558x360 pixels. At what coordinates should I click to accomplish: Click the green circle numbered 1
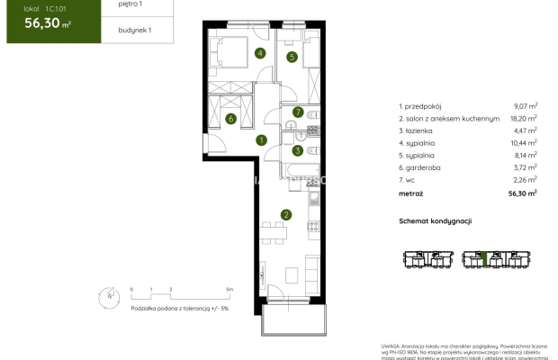pyautogui.click(x=260, y=139)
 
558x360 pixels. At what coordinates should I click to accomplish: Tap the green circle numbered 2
pyautogui.click(x=285, y=214)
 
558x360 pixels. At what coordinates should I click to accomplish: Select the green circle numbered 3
pyautogui.click(x=296, y=151)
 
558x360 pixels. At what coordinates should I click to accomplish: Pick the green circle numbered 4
pyautogui.click(x=260, y=53)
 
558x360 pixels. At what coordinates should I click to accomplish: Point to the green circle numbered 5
pyautogui.click(x=292, y=58)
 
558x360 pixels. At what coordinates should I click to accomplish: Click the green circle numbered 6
pyautogui.click(x=230, y=119)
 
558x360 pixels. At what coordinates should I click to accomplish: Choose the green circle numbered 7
pyautogui.click(x=296, y=112)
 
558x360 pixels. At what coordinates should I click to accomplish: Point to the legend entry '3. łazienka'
pyautogui.click(x=417, y=130)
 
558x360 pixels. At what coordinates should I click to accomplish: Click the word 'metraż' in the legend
pyautogui.click(x=411, y=192)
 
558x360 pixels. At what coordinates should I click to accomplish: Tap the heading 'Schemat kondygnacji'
pyautogui.click(x=436, y=220)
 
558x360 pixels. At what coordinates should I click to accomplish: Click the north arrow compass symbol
pyautogui.click(x=107, y=292)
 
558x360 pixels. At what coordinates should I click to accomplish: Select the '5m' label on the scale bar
pyautogui.click(x=229, y=290)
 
